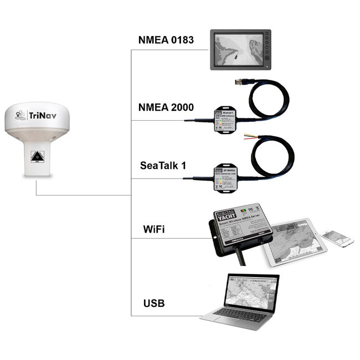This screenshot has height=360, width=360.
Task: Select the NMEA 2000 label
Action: (x=165, y=107)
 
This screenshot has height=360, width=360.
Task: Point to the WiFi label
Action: (x=153, y=229)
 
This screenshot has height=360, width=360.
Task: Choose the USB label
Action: (x=153, y=304)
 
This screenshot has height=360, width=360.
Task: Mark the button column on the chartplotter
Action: (x=268, y=49)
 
